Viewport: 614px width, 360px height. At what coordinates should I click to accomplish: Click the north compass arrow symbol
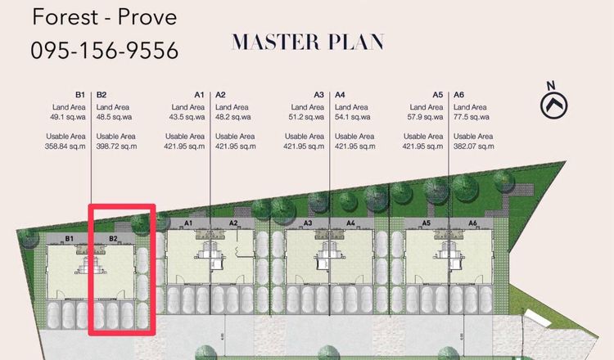(553, 105)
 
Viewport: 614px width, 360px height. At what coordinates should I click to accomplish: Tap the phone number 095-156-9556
(105, 51)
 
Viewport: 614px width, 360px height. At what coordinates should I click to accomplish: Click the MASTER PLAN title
(308, 43)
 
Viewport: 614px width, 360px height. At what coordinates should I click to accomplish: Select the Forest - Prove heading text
(105, 17)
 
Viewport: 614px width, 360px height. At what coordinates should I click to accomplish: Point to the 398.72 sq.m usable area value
(117, 146)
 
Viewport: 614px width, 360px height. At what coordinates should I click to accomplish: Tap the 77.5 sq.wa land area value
(472, 117)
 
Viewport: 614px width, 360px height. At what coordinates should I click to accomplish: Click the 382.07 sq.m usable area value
(474, 146)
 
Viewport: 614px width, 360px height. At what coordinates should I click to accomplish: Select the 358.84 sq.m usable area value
(65, 146)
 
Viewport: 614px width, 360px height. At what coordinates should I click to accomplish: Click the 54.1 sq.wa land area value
(352, 117)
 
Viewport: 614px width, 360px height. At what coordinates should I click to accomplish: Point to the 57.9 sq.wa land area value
(425, 117)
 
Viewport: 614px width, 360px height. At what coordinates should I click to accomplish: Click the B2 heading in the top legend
(102, 95)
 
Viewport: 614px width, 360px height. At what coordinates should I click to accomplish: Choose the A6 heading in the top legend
(459, 95)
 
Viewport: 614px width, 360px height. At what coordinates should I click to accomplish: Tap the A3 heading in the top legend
(318, 95)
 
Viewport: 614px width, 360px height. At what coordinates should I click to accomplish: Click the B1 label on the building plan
(70, 238)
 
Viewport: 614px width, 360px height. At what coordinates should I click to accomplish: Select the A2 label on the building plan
(233, 223)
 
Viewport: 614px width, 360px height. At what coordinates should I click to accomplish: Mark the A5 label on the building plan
(426, 223)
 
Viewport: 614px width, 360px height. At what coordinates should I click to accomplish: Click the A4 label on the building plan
(350, 223)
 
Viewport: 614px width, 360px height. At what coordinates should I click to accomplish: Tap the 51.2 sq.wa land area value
(306, 117)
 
